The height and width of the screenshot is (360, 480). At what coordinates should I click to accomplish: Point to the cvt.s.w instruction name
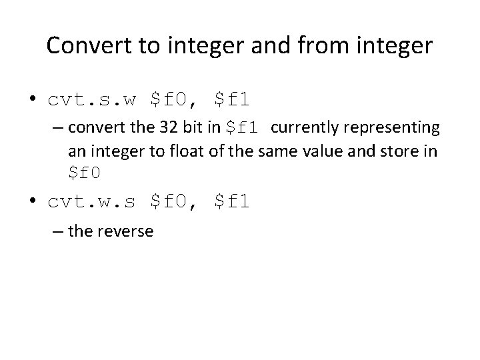[92, 100]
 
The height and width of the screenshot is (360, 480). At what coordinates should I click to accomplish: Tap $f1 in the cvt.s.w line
[232, 100]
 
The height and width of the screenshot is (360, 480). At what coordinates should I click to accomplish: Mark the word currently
[304, 127]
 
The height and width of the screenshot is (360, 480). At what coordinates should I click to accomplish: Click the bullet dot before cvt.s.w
[31, 101]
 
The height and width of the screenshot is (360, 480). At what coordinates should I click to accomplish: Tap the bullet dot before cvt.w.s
[31, 201]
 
